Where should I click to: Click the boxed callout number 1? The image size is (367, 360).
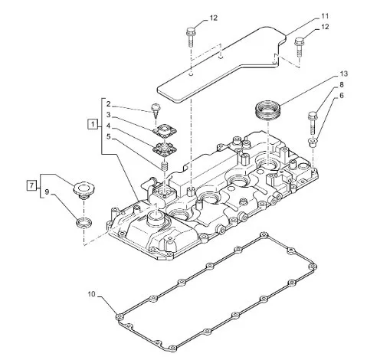point(93,124)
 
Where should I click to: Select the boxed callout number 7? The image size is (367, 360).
point(31,185)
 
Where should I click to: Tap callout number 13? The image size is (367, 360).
point(344,74)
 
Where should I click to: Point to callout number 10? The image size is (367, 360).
point(91,294)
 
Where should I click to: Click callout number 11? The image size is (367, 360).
point(324,16)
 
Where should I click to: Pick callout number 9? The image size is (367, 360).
point(47,192)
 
